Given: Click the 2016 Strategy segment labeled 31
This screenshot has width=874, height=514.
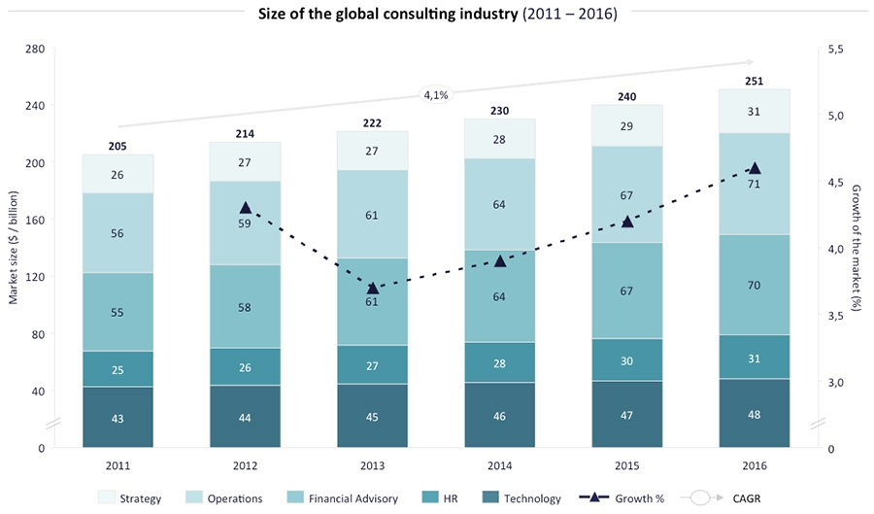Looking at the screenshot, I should click(x=755, y=112).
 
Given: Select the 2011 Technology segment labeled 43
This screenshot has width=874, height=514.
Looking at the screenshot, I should click(x=118, y=417).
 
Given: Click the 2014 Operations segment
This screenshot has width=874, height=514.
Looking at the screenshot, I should click(x=500, y=205).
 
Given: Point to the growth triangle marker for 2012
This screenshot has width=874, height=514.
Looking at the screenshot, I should click(x=245, y=208).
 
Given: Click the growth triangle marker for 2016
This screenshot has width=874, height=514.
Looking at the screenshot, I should click(x=755, y=168).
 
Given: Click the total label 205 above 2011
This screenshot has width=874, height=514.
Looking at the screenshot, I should click(x=118, y=147).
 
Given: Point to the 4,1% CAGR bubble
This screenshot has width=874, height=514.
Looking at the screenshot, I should click(x=435, y=94).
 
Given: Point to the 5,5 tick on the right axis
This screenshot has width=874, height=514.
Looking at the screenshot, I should click(x=834, y=49).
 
